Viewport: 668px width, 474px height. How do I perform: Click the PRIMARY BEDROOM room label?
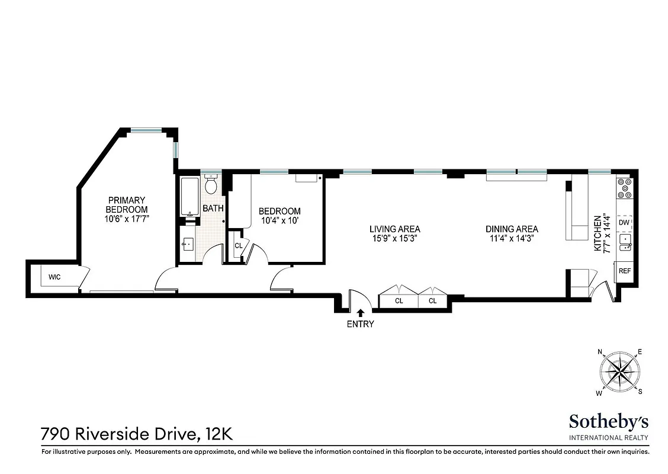click(x=126, y=205)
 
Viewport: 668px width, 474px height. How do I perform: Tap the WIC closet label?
click(x=54, y=277)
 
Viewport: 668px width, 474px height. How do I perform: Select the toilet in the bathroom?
click(x=211, y=185)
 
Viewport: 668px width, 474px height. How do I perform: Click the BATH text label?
click(x=213, y=209)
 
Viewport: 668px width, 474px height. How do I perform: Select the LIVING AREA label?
click(x=394, y=229)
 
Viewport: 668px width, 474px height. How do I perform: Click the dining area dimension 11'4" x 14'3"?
click(x=512, y=239)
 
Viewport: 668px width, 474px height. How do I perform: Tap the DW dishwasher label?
click(x=624, y=222)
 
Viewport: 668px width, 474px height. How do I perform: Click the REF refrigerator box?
click(x=624, y=271)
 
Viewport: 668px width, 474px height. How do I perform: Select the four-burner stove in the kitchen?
click(x=624, y=188)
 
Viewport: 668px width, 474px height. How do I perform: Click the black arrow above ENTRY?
click(x=360, y=312)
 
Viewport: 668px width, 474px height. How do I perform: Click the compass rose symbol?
click(x=620, y=372)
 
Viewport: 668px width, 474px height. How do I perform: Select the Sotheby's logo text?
click(x=609, y=422)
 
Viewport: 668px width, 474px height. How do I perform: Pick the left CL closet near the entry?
click(x=399, y=301)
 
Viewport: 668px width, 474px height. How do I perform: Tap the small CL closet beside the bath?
click(x=238, y=245)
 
